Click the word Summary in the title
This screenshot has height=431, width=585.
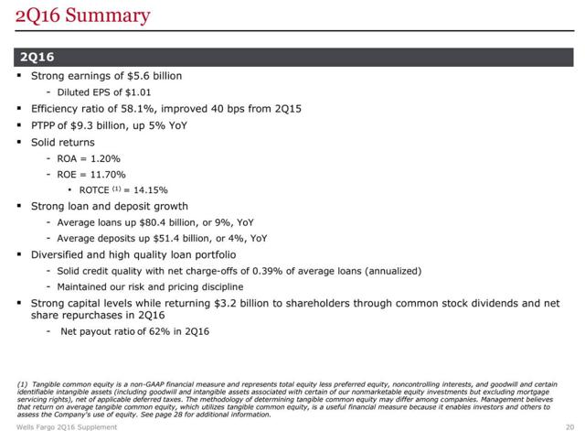click(x=108, y=16)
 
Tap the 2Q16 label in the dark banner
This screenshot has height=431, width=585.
click(x=37, y=57)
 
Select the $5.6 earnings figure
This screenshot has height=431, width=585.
click(x=138, y=76)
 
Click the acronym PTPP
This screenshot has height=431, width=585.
click(x=43, y=125)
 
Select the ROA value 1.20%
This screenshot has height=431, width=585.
click(x=106, y=158)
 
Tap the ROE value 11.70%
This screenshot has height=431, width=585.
click(x=108, y=175)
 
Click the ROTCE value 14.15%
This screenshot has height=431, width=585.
click(x=151, y=190)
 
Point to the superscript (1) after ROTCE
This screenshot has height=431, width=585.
click(x=116, y=189)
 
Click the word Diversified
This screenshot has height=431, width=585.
click(x=58, y=254)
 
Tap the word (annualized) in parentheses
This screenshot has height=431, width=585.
click(x=393, y=271)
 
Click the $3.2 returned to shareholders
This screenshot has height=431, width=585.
click(x=226, y=303)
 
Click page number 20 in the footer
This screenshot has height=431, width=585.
click(x=569, y=427)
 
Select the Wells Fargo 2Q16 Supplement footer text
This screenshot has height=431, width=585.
click(x=67, y=427)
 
